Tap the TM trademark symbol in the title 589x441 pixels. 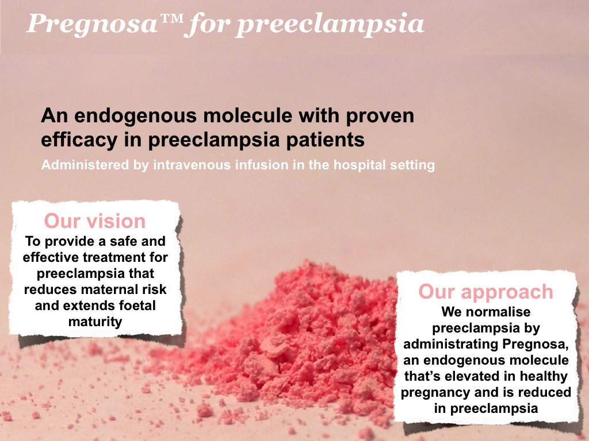pos(171,18)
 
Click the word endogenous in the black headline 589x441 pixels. pos(135,116)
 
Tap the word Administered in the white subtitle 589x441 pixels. pos(85,165)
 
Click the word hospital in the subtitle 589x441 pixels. pos(359,165)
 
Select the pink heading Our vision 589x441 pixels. pos(95,221)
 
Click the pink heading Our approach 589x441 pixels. pos(485,292)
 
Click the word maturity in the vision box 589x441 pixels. pos(95,322)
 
